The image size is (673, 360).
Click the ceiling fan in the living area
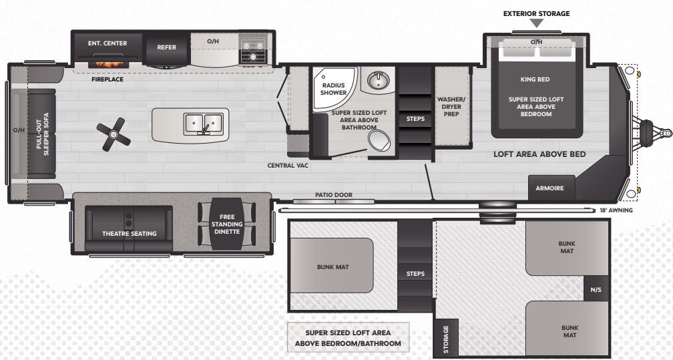pos(114,134)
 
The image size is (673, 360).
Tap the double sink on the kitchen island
pos(203,124)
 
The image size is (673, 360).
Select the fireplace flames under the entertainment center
pos(109,64)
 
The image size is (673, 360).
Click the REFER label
pos(166,47)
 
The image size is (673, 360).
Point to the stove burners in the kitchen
pos(253,50)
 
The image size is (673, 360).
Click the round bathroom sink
pos(378,79)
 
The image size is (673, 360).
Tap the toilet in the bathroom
pos(379,140)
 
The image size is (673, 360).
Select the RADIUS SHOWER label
pos(334,89)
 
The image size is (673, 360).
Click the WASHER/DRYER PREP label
pos(451,107)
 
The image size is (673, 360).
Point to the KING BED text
pos(535,79)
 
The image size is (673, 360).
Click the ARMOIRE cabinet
pos(551,188)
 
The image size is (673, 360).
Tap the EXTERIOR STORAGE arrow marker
pos(537,23)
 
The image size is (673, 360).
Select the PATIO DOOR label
pos(334,195)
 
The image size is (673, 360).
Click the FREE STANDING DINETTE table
pos(226,224)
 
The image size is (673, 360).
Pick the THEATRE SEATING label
pos(130,234)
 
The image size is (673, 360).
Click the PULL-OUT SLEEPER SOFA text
pos(43,134)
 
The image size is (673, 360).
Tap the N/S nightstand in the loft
pos(596,290)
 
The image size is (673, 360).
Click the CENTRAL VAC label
pos(288,166)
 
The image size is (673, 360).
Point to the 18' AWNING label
pos(616,210)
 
